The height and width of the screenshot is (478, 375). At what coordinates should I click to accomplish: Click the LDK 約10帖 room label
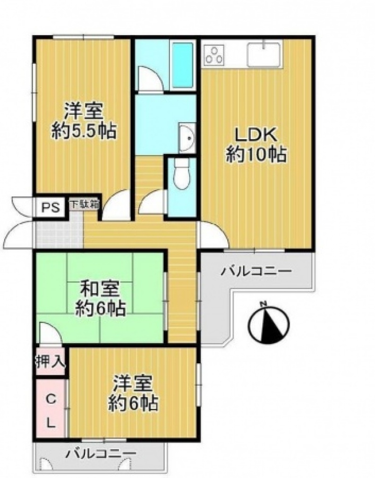(x=256, y=145)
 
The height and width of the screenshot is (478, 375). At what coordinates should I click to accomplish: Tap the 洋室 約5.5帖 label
(x=84, y=121)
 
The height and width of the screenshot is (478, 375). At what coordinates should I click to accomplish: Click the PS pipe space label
(x=50, y=208)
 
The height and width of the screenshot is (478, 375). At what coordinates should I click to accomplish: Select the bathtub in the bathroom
(x=183, y=65)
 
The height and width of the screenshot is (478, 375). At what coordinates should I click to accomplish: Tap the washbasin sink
(x=187, y=138)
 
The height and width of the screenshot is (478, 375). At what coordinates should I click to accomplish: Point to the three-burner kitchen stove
(x=214, y=55)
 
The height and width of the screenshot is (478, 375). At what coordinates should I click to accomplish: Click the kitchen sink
(x=264, y=55)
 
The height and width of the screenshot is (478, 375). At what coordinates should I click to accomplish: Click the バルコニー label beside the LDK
(x=256, y=270)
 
